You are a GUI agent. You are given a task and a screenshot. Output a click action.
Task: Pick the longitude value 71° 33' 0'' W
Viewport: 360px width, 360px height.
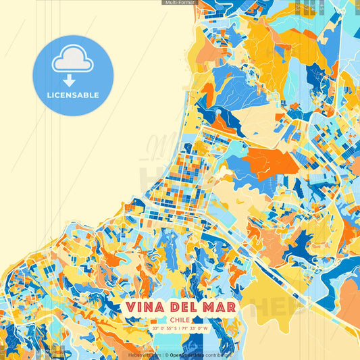200,329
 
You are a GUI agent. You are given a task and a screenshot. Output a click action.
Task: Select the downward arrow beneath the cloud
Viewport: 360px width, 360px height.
73,79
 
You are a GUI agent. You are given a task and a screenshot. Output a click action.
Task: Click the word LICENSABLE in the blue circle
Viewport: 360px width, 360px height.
73,95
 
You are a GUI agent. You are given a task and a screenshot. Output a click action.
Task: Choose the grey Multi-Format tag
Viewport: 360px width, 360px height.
179,3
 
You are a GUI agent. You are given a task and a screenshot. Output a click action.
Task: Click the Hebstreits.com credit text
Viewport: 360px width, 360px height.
144,355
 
